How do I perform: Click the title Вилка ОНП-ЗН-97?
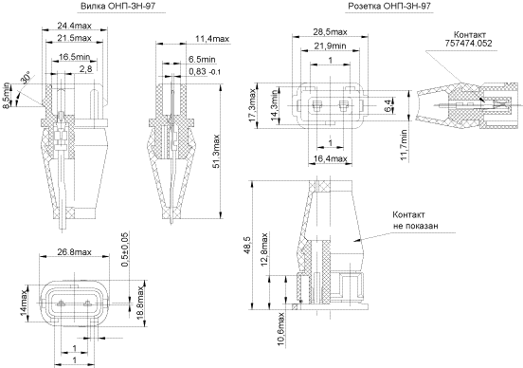(x=118, y=6)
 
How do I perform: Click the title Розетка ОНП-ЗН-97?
(x=389, y=6)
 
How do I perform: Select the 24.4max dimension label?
(x=75, y=26)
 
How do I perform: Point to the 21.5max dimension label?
(x=74, y=38)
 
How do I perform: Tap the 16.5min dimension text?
(x=75, y=57)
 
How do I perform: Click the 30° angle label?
(x=26, y=77)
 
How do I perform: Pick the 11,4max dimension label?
(x=212, y=39)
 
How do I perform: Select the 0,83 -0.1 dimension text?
(x=205, y=71)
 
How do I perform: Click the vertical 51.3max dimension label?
(x=216, y=151)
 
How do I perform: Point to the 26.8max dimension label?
(x=74, y=251)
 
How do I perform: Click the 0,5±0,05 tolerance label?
(x=124, y=249)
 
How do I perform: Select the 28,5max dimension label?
(x=331, y=31)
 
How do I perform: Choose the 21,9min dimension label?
(x=331, y=46)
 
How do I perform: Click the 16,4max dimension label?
(x=331, y=158)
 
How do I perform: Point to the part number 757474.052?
(x=468, y=43)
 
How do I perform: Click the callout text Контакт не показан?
(x=415, y=220)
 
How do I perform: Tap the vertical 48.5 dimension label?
(x=247, y=246)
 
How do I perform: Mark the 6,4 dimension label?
(x=388, y=106)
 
